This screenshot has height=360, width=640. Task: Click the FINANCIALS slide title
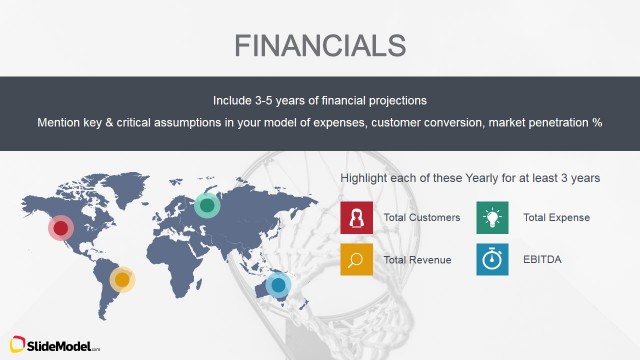tap(320, 45)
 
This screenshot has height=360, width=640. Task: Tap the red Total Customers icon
tap(356, 217)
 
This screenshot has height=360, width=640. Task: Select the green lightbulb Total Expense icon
tap(492, 217)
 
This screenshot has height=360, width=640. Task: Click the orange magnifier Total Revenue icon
tap(356, 259)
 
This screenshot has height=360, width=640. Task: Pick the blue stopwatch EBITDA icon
tap(492, 259)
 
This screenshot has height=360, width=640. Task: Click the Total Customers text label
tap(421, 217)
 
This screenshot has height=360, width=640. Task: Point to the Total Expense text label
tap(556, 217)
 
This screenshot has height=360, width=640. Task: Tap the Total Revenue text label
tap(417, 260)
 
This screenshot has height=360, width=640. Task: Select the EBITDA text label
tap(541, 260)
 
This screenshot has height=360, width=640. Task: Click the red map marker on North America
tap(61, 228)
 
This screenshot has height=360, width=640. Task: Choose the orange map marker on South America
tap(122, 279)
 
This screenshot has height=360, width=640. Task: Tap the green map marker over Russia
tap(207, 205)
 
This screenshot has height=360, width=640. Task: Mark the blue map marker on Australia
tap(278, 286)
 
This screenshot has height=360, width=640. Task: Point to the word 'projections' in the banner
tap(396, 101)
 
